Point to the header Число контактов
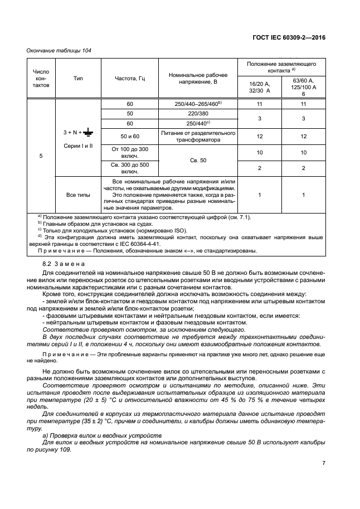41,79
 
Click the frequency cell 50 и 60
129,137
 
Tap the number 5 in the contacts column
41,156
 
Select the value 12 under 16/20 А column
259,137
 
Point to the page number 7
323,463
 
